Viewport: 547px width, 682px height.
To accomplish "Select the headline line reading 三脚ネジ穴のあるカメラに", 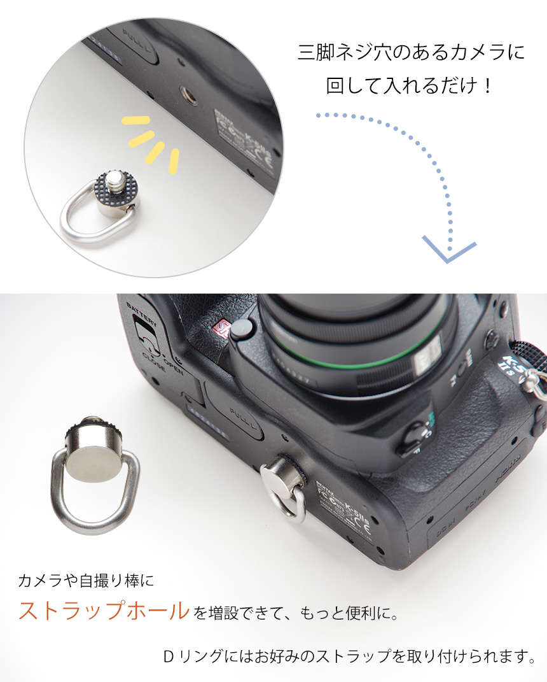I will tap(412, 52).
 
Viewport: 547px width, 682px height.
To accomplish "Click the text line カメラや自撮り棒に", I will tap(86, 580).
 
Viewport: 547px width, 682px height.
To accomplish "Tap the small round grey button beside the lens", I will tap(242, 331).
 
